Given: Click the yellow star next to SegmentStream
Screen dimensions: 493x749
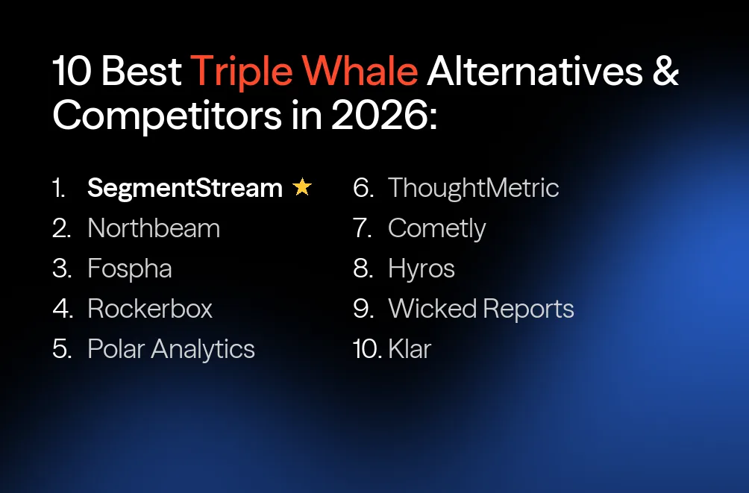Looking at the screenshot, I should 302,188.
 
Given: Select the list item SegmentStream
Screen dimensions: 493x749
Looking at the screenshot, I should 185,188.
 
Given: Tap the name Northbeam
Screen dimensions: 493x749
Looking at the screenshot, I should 154,228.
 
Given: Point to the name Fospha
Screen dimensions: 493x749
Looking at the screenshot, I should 130,269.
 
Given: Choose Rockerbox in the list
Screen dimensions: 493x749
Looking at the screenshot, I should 150,309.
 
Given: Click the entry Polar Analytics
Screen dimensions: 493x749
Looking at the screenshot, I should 171,349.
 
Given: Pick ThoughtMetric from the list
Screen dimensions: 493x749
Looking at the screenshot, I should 474,188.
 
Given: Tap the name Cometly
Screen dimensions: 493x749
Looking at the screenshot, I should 437,228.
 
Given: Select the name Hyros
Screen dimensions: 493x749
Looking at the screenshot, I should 421,269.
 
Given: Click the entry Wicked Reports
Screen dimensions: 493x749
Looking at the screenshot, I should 481,309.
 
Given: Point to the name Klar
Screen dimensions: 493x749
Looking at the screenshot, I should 410,349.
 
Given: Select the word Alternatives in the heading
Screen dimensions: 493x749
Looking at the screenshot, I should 535,72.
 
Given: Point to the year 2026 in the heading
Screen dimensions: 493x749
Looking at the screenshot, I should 380,117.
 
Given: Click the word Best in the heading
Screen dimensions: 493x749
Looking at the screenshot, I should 142,72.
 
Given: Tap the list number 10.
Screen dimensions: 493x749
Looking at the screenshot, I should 367,349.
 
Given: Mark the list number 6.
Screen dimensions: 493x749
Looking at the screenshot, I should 363,188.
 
